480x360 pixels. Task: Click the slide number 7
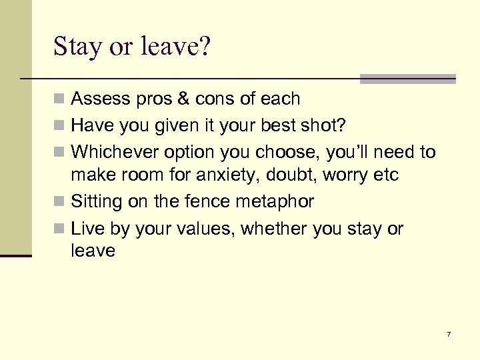pyautogui.click(x=449, y=333)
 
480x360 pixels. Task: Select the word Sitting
pyautogui.click(x=97, y=201)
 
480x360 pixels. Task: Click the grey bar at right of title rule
pyautogui.click(x=407, y=79)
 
